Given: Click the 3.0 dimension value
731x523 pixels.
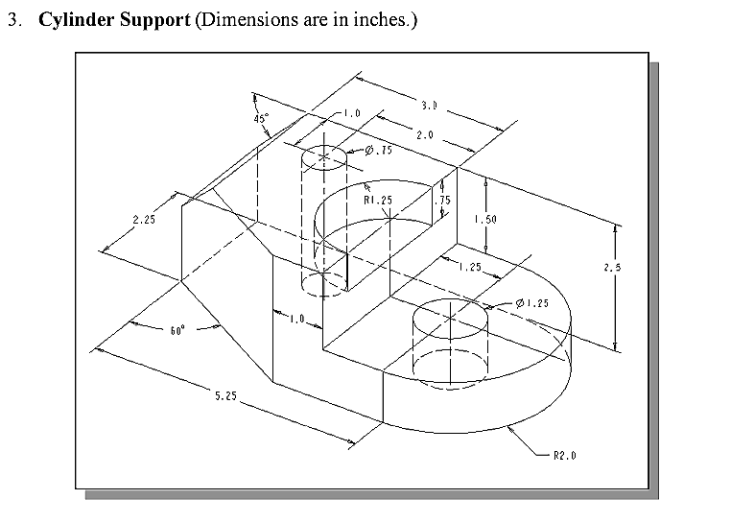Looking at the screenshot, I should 429,104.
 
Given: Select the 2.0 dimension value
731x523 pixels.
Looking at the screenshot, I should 423,135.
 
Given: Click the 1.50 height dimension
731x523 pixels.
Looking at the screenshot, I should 485,220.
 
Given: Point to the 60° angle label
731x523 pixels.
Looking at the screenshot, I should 177,330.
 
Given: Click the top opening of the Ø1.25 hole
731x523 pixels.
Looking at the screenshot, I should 448,317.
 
